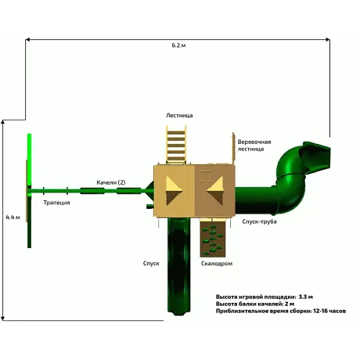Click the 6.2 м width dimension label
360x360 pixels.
[x=178, y=45]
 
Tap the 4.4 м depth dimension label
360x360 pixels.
[x=13, y=217]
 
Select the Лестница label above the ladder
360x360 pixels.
[x=179, y=115]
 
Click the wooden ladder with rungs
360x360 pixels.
[x=177, y=145]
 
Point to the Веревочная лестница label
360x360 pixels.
[x=254, y=146]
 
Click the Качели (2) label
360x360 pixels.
[x=111, y=182]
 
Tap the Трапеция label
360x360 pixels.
[x=56, y=203]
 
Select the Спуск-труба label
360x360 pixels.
[x=259, y=221]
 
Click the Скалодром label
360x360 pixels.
[x=217, y=264]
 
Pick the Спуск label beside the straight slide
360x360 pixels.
[x=151, y=263]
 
